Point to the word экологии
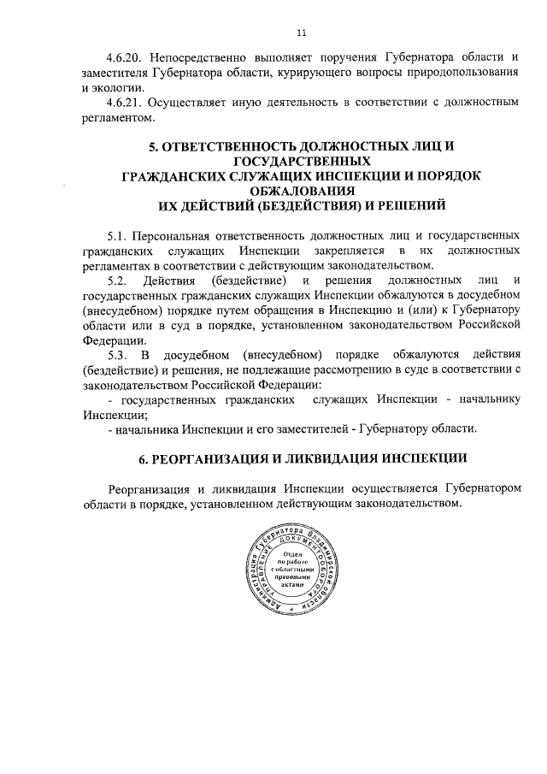click(x=122, y=87)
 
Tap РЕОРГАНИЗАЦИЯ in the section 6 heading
click(x=220, y=458)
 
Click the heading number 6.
click(x=144, y=458)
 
